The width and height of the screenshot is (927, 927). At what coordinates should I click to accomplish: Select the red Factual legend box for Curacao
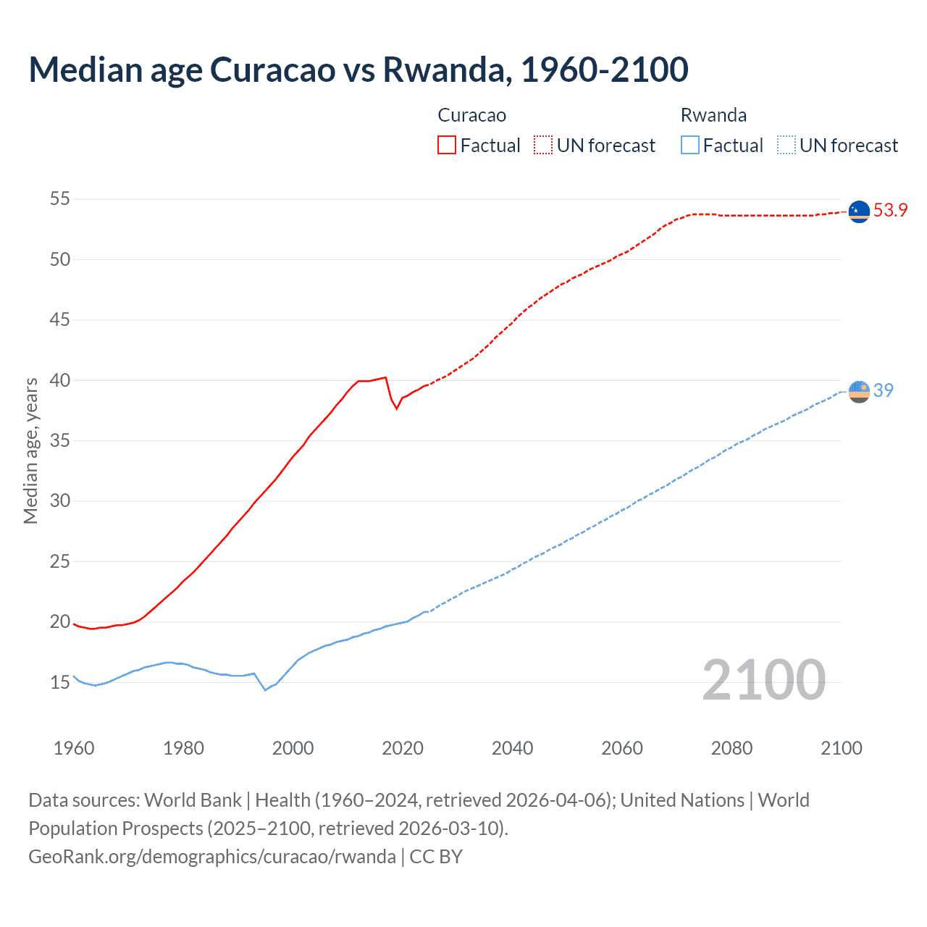click(447, 145)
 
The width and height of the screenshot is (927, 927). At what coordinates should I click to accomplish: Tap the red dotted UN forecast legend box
click(543, 145)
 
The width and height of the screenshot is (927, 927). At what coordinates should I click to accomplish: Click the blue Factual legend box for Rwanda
click(689, 145)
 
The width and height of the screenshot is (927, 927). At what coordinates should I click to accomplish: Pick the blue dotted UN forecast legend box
click(786, 145)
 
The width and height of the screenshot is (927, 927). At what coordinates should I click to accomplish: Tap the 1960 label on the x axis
click(74, 748)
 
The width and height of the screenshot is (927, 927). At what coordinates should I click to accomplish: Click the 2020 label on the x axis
click(403, 748)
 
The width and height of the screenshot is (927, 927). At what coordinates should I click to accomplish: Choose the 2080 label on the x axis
click(731, 748)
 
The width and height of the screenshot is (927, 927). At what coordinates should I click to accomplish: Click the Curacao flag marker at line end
click(859, 211)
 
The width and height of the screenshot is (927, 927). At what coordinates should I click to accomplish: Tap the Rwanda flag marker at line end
click(859, 391)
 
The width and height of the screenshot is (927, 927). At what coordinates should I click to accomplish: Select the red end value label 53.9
click(890, 211)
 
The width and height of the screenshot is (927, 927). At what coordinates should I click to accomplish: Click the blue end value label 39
click(884, 390)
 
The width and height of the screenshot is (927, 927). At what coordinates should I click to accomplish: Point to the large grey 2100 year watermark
click(763, 679)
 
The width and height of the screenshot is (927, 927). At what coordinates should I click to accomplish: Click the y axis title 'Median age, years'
click(30, 450)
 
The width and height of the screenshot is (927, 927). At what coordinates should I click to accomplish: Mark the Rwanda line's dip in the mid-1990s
click(265, 689)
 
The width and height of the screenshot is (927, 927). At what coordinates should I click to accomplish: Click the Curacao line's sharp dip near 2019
click(396, 408)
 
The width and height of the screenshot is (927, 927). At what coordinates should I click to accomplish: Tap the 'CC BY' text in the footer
click(436, 857)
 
